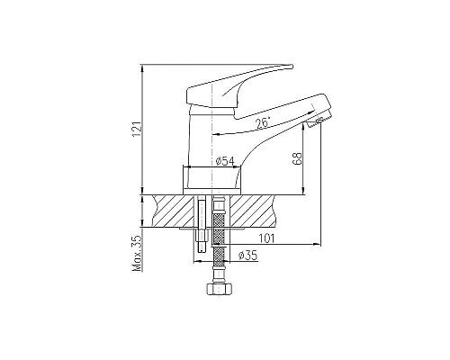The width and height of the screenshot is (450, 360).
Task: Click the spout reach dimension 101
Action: [266, 238]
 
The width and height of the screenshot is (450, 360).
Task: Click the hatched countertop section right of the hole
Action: [256, 211]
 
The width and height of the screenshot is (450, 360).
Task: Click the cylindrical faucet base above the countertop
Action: [216, 179]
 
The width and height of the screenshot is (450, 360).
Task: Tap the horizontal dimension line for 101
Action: [270, 245]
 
